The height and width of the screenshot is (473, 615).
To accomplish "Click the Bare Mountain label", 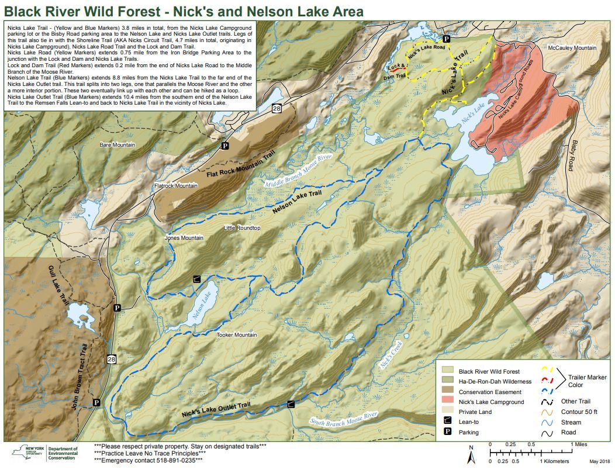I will pyautogui.click(x=118, y=145).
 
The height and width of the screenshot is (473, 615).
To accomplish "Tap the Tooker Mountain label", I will pyautogui.click(x=237, y=335).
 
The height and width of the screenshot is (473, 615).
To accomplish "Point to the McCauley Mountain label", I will pyautogui.click(x=572, y=47).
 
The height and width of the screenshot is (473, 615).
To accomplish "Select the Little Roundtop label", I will pyautogui.click(x=242, y=228).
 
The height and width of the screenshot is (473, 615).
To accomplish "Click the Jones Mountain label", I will pyautogui.click(x=184, y=238).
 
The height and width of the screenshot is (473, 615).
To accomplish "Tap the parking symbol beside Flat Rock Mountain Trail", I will pyautogui.click(x=223, y=145).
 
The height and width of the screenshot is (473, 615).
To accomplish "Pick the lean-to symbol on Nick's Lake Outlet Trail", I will pyautogui.click(x=291, y=404).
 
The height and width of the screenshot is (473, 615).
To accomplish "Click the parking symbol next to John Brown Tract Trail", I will pyautogui.click(x=96, y=402).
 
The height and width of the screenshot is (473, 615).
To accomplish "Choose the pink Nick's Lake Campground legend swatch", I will pyautogui.click(x=448, y=402).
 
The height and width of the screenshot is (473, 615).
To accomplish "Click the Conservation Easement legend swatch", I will pyautogui.click(x=448, y=392).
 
